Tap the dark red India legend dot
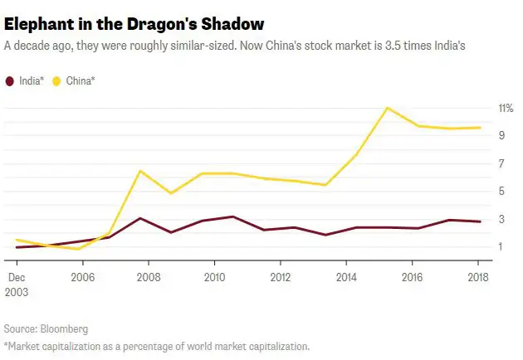[9, 80]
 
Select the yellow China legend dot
[57, 80]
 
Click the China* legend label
[81, 80]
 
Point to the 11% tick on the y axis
[505, 108]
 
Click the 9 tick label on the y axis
[501, 135]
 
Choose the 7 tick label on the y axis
[501, 163]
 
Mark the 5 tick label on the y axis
[501, 191]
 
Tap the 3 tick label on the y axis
[501, 219]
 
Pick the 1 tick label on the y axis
[501, 246]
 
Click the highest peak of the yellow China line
[387, 108]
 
